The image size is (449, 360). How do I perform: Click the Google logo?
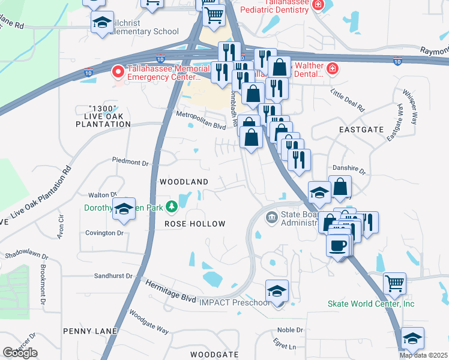pos(20,353)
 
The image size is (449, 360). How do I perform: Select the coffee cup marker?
pos(338,244)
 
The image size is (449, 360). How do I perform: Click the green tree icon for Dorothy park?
pos(172,206)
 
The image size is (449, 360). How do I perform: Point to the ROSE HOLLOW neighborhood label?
pos(194,224)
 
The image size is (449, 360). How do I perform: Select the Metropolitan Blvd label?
pos(200,119)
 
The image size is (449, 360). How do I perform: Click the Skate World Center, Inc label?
pos(371,304)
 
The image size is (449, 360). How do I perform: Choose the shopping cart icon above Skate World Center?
pos(394,283)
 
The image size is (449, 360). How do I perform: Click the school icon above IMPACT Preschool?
pos(277,291)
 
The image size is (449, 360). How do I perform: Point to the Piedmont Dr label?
pos(130,162)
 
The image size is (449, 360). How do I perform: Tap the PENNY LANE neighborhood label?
pos(88,331)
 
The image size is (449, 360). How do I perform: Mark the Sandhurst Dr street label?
pos(113,275)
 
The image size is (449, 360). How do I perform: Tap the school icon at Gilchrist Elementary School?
pos(103,23)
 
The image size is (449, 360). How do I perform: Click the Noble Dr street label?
pos(290,330)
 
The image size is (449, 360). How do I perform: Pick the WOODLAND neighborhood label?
pos(183,181)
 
